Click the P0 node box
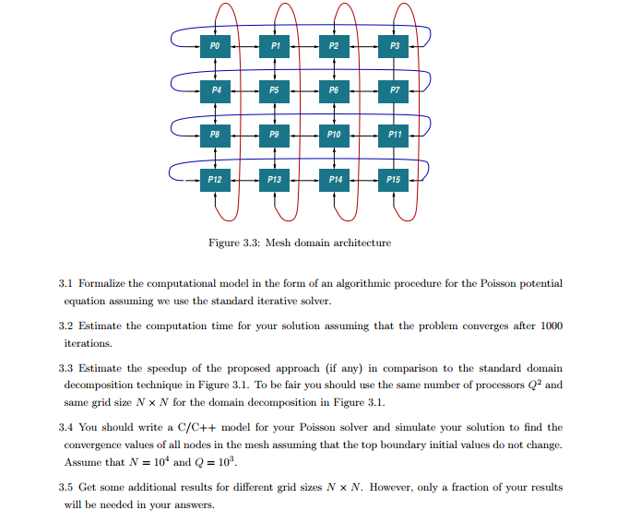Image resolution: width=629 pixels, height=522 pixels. [x=214, y=44]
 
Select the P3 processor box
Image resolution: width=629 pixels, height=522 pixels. [x=395, y=44]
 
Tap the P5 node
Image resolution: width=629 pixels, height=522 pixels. [x=274, y=89]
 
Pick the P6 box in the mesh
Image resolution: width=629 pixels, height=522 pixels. [x=334, y=89]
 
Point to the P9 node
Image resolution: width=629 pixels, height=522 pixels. [x=274, y=135]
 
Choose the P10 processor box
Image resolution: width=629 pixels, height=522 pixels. [x=334, y=135]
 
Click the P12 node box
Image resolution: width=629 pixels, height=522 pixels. [x=214, y=179]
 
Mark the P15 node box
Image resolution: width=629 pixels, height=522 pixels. [x=395, y=179]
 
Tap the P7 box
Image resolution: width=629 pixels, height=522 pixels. [x=395, y=89]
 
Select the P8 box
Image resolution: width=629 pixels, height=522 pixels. [x=214, y=135]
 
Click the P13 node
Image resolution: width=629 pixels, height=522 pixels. [x=274, y=179]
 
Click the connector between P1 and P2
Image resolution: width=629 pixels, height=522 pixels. [x=304, y=44]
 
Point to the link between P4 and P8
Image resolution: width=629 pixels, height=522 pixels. [x=214, y=112]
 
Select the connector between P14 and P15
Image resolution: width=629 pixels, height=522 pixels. [x=364, y=179]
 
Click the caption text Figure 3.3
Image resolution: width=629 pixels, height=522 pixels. [x=235, y=243]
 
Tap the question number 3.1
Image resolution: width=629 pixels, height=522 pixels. [x=65, y=284]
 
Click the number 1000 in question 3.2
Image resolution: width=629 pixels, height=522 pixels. [x=552, y=326]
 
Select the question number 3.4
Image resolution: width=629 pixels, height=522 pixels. [x=65, y=427]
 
